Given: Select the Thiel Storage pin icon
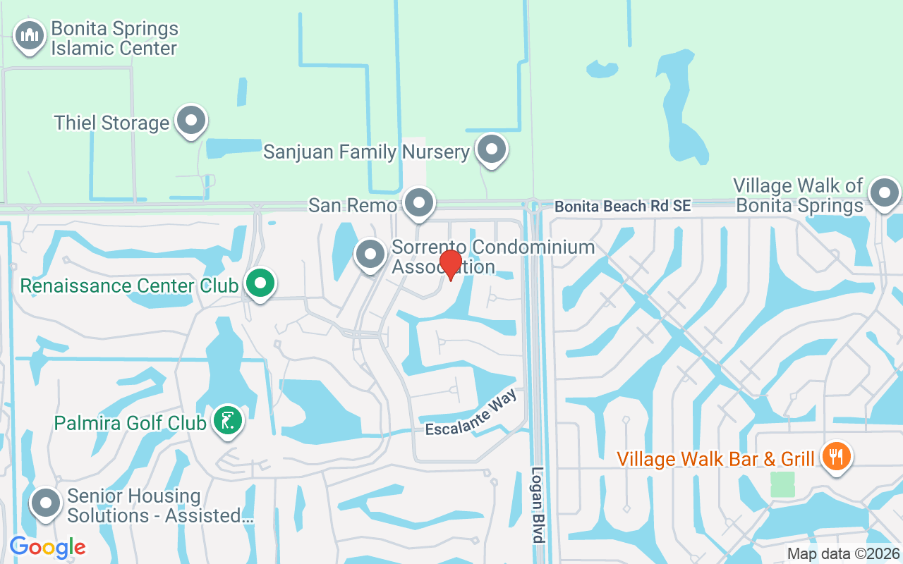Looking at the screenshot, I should coord(190,121).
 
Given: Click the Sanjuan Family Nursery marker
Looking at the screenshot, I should coord(491,149).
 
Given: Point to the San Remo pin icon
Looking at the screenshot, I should coord(420,203).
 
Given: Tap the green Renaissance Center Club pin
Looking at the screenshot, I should coord(260,283).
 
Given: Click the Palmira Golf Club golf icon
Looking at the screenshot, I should coord(228,421).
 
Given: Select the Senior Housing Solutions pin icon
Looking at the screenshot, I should coord(47,504).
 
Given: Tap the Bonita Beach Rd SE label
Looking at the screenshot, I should coord(623,206).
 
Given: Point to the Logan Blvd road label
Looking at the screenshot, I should coord(538,504).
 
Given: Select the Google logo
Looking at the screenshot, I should coord(48,547).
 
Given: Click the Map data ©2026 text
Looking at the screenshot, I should coord(843,554).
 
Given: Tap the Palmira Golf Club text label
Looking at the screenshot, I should coord(131,423).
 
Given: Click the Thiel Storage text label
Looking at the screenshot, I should coord(111,123).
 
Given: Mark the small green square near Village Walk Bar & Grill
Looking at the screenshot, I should coord(782,484).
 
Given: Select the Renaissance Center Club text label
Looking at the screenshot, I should coord(129,286).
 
